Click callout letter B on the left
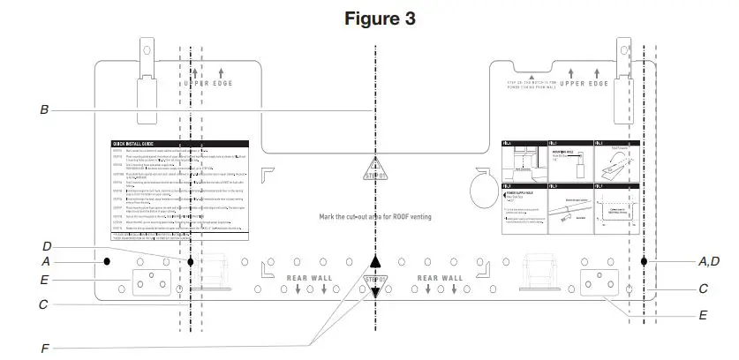[x=44, y=110]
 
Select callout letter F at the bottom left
[x=44, y=348]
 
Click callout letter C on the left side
[x=44, y=305]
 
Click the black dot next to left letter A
[x=105, y=261]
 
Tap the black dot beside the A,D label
[x=645, y=262]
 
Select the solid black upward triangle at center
[x=375, y=261]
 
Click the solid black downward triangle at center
[x=375, y=293]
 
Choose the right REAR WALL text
[x=440, y=278]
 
